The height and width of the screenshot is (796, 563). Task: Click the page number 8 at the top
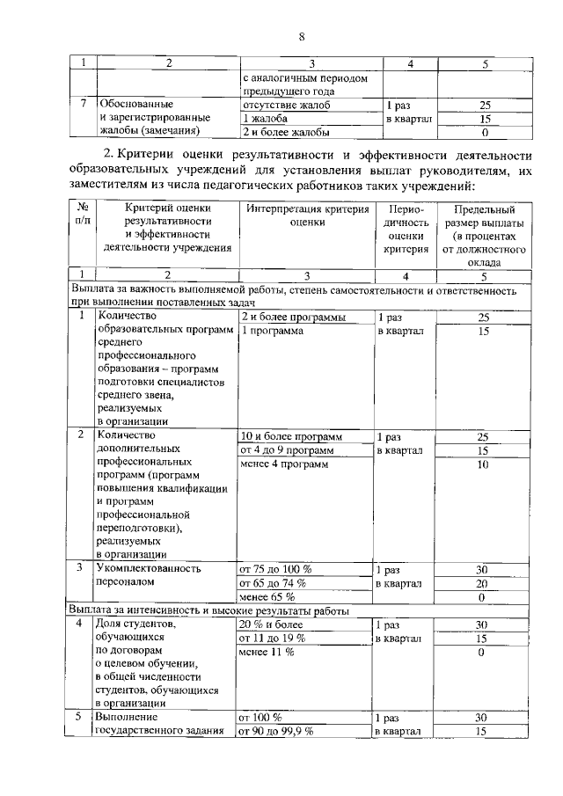pyautogui.click(x=301, y=36)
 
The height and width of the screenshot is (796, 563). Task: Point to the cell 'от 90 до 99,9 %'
pyautogui.click(x=276, y=732)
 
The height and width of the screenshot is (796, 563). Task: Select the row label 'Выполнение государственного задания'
pyautogui.click(x=154, y=725)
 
